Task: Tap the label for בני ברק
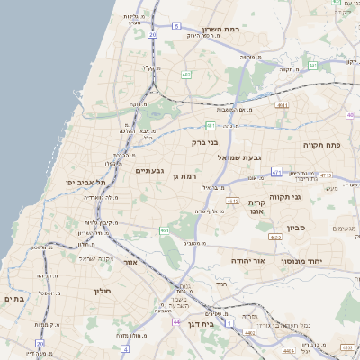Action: pyautogui.click(x=205, y=141)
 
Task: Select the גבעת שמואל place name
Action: pyautogui.click(x=240, y=157)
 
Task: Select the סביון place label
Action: pyautogui.click(x=296, y=228)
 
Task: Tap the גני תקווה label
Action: pyautogui.click(x=309, y=196)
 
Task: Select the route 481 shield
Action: pyautogui.click(x=210, y=126)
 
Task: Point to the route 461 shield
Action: pyautogui.click(x=165, y=231)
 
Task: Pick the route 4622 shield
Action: pyautogui.click(x=274, y=237)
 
